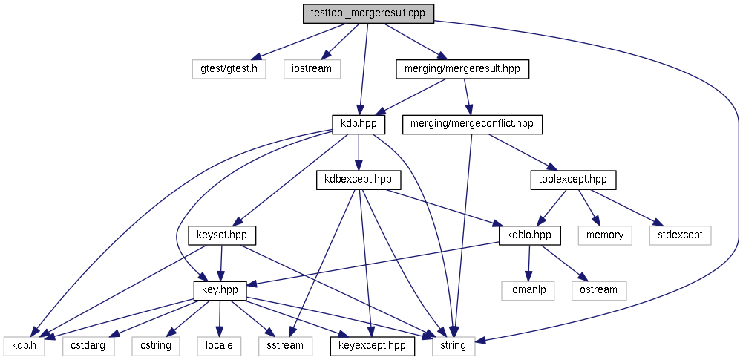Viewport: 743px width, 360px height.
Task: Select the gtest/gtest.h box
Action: pos(229,69)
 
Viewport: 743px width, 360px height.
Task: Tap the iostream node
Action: pos(312,69)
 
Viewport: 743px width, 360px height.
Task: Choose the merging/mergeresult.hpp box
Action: pos(462,69)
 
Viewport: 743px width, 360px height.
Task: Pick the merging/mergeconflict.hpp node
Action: pos(472,124)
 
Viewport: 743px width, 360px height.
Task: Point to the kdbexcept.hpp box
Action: pos(359,179)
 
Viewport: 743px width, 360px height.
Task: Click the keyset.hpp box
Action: pos(222,235)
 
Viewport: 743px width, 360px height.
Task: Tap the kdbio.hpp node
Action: pos(529,235)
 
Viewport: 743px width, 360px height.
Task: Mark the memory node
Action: pos(604,235)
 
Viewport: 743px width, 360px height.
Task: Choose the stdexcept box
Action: pos(680,235)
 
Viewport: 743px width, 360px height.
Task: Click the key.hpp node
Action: pos(220,289)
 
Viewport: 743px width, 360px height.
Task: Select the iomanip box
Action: pos(528,289)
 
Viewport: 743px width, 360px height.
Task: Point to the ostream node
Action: pos(598,289)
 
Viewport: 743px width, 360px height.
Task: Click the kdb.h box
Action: pos(24,345)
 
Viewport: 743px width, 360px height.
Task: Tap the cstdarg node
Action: pos(88,345)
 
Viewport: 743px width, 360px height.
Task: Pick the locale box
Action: pos(218,345)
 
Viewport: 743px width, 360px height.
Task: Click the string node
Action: pos(453,345)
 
